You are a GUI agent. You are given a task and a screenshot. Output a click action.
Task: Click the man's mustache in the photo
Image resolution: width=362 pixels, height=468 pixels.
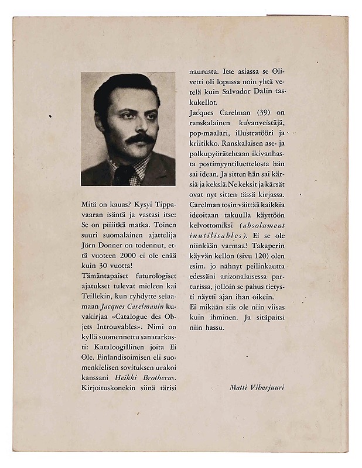140,139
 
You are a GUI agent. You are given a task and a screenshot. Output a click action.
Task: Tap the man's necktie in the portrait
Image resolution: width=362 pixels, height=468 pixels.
124,175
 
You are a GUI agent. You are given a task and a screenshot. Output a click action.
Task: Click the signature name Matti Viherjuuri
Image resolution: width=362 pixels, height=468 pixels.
257,387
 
